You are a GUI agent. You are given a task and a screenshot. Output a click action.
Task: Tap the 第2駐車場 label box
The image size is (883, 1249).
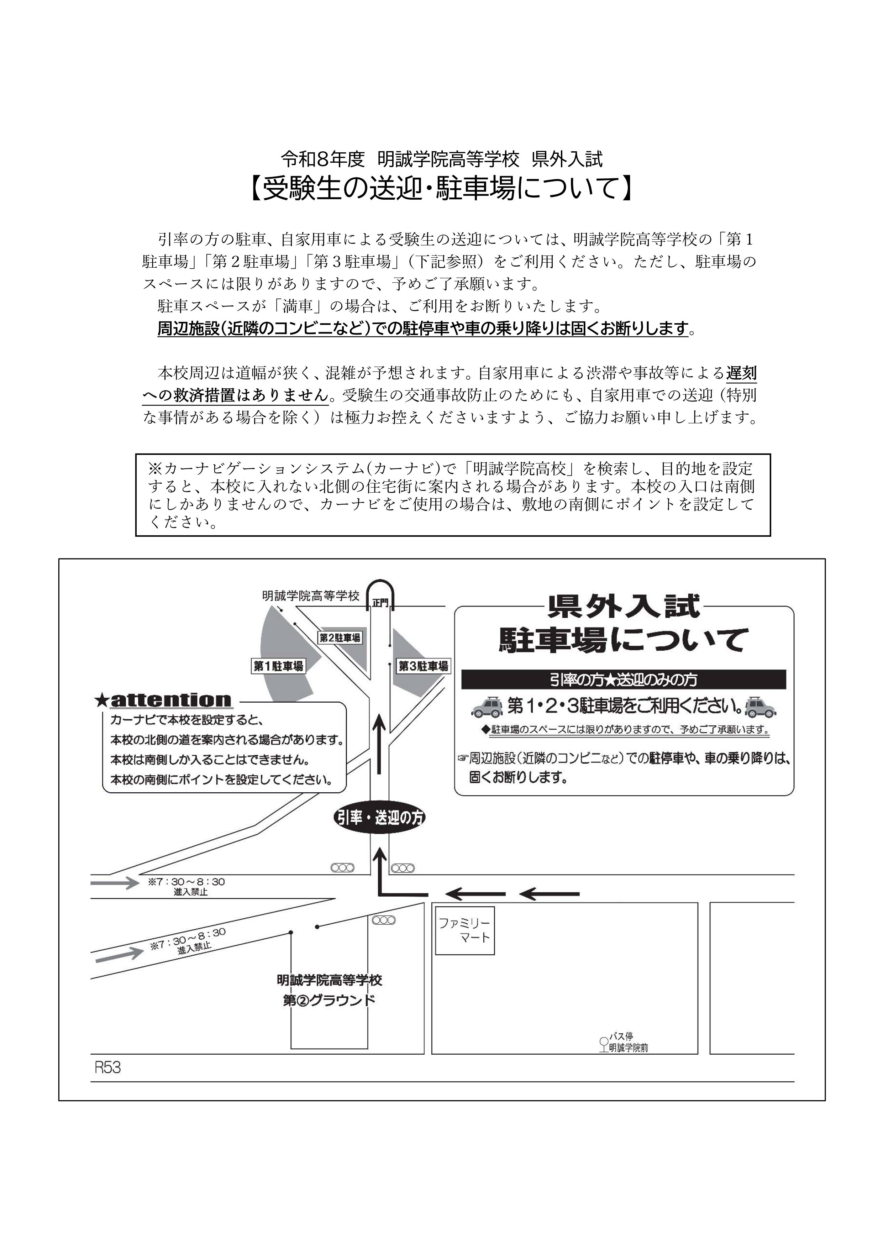pyautogui.click(x=340, y=637)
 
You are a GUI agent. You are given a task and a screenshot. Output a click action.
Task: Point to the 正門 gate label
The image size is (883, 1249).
pyautogui.click(x=381, y=603)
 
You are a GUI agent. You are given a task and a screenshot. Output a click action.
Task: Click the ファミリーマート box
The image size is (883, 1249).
pyautogui.click(x=464, y=930)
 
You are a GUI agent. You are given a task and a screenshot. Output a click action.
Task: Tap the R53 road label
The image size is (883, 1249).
pyautogui.click(x=108, y=1068)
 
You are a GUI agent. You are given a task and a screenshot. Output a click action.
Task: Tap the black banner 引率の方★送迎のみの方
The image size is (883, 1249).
pyautogui.click(x=624, y=679)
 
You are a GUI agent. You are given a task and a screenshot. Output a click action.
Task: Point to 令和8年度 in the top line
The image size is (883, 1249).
pyautogui.click(x=322, y=159)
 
